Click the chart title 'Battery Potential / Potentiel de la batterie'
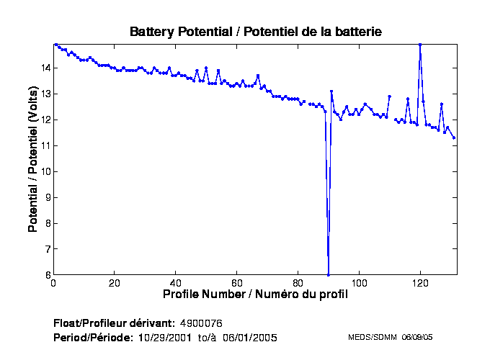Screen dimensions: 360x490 point(255,32)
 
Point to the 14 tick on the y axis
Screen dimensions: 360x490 point(45,68)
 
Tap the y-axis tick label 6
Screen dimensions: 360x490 point(47,275)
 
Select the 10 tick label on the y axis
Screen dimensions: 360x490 point(45,171)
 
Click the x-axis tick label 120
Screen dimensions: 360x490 point(420,283)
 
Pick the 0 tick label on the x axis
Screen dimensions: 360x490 point(54,283)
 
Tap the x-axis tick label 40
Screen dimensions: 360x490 point(176,283)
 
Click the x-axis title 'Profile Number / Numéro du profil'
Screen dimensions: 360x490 point(255,294)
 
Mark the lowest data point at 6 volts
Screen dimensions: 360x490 point(329,274)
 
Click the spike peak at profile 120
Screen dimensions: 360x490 point(420,45)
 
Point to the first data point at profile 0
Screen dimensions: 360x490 point(55,45)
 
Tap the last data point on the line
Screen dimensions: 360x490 point(454,138)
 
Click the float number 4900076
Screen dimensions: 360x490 point(206,322)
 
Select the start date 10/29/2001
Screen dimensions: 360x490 point(166,337)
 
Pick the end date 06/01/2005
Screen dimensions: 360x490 point(249,337)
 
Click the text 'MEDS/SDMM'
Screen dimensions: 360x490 point(373,337)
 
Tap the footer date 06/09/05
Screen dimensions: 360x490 point(417,337)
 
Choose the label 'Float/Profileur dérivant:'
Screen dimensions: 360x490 point(114,322)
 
